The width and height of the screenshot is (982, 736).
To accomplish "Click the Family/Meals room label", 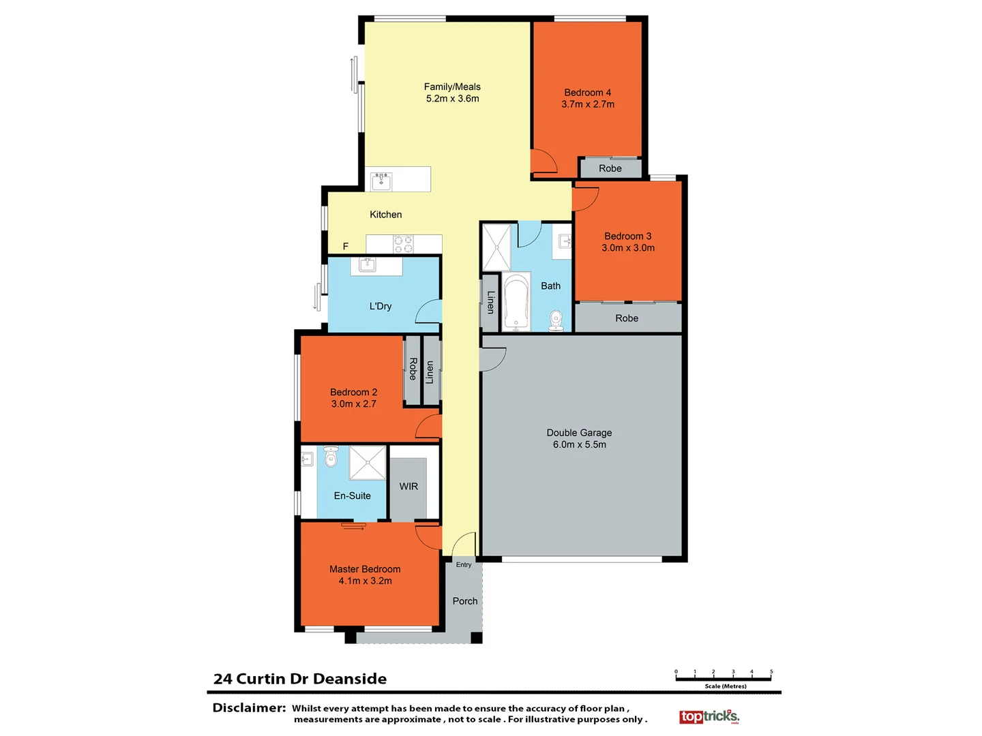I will [452, 87].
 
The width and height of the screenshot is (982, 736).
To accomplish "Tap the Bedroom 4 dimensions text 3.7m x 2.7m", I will [588, 104].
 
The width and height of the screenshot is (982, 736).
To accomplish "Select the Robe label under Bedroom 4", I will [610, 168].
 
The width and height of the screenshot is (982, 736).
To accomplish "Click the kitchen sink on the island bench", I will [381, 181].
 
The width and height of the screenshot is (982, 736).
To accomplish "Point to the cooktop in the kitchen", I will [403, 244].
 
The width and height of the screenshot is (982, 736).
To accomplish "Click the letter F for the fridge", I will [346, 247].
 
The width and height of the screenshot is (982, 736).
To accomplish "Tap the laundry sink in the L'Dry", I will [368, 265].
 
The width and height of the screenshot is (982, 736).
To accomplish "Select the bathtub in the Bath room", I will [517, 302].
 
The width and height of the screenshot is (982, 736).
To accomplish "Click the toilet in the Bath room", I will [556, 320].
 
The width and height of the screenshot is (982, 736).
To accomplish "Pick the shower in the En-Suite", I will [368, 463].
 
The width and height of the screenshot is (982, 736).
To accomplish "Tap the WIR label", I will [408, 487].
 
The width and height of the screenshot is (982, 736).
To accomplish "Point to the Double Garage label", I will [579, 433].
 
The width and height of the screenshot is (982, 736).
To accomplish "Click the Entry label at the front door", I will [464, 565].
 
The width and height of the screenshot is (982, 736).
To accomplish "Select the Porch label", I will [465, 601].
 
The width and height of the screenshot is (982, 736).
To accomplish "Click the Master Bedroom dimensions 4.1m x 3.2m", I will [365, 581].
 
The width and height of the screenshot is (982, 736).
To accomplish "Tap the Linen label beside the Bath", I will [490, 302].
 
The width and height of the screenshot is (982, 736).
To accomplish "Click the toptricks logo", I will [709, 716].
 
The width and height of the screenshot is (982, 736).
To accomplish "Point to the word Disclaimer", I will [249, 708].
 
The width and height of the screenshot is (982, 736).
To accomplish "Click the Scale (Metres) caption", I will [726, 686].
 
